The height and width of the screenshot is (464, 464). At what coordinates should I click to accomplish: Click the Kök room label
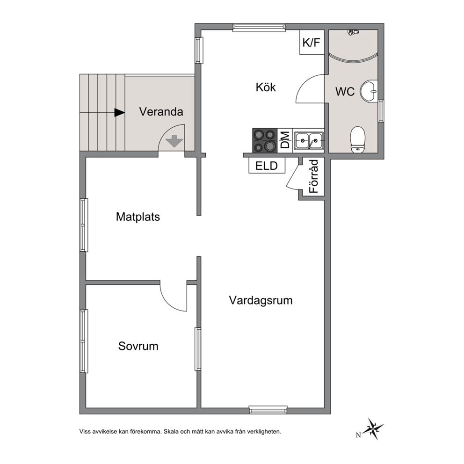(x=265, y=87)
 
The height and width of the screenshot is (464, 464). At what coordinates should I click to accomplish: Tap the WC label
(x=345, y=92)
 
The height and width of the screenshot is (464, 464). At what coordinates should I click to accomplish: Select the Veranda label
(x=161, y=112)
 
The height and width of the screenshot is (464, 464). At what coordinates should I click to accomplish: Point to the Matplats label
(x=138, y=217)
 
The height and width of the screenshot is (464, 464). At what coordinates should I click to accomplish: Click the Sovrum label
(x=138, y=346)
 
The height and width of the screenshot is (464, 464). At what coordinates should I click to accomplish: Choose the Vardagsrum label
(x=261, y=300)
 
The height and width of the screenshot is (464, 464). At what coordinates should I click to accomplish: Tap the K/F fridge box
(x=312, y=42)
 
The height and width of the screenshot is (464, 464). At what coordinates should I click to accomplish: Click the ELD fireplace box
(x=267, y=166)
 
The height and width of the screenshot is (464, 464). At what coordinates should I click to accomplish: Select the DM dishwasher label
(x=285, y=140)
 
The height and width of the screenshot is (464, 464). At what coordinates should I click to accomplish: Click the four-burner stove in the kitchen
(x=265, y=141)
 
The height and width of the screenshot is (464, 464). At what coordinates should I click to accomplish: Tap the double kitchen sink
(x=308, y=141)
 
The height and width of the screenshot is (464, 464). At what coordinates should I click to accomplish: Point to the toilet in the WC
(x=357, y=140)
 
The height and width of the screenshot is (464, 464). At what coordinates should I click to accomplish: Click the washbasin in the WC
(x=369, y=91)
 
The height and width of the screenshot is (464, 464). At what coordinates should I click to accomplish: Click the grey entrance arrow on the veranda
(x=174, y=141)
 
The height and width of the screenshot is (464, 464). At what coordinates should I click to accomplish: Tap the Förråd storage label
(x=314, y=176)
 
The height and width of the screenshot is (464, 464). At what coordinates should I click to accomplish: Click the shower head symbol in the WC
(x=353, y=32)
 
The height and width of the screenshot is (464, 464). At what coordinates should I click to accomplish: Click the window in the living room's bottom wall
(x=268, y=410)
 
